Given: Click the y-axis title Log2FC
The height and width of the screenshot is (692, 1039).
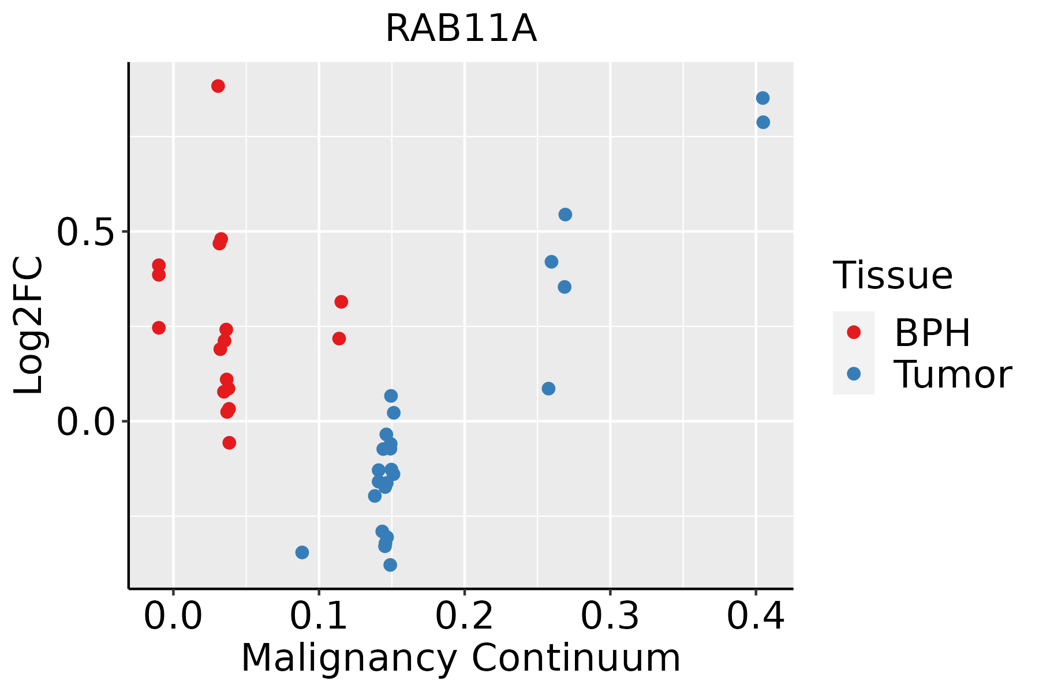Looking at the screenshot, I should (x=29, y=326).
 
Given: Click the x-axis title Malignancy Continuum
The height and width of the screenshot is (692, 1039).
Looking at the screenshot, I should (x=461, y=657).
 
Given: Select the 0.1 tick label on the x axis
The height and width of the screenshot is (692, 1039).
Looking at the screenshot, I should (x=319, y=616).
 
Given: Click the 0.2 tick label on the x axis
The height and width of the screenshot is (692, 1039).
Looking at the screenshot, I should (x=464, y=616).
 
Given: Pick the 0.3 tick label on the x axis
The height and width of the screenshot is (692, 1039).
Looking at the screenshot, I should (x=610, y=616).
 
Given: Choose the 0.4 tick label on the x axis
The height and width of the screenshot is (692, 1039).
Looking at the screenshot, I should (x=755, y=616).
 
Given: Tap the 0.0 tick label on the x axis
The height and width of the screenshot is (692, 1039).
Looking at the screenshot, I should (x=173, y=616).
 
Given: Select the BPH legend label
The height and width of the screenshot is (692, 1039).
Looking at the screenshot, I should (x=932, y=332).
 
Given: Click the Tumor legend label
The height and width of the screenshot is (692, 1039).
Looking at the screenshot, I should (x=952, y=374).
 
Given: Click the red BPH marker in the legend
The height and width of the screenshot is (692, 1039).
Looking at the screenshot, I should (x=853, y=332).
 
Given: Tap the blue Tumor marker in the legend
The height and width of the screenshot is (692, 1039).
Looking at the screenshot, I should (x=853, y=374).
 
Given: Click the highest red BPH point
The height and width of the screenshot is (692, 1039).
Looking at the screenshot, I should (x=218, y=86).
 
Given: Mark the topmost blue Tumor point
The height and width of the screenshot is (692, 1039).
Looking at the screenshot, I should (x=763, y=98).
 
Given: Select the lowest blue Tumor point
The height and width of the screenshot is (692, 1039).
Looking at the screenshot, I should (x=390, y=565).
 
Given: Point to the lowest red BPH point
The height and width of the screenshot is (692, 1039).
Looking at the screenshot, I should (x=229, y=443).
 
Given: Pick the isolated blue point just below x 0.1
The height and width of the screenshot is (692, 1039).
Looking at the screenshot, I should (x=302, y=552).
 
